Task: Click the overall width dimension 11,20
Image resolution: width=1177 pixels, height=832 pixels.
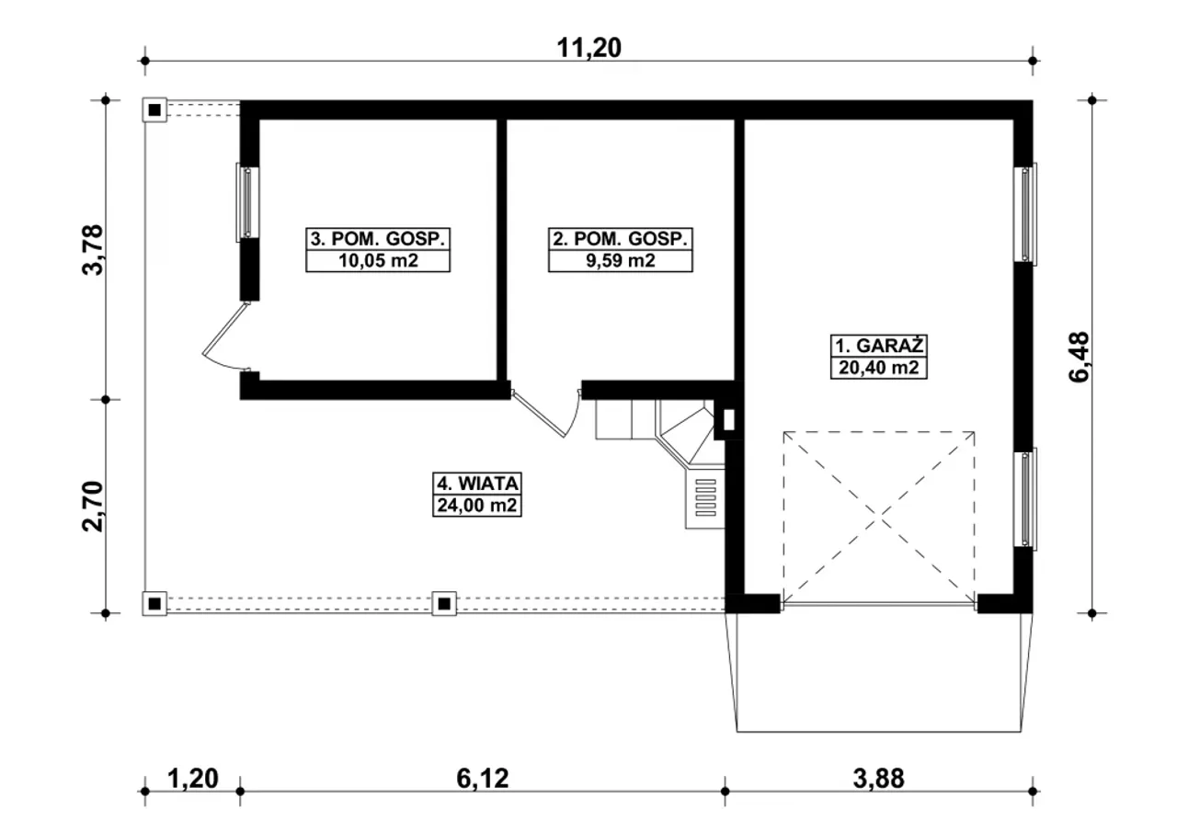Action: click(588, 48)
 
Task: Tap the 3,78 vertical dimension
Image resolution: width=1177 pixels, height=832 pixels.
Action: click(94, 249)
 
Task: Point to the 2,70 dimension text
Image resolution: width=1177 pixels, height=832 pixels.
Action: click(94, 507)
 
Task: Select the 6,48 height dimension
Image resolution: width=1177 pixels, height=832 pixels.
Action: click(1080, 357)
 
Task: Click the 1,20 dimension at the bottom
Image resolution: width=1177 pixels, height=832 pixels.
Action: click(193, 779)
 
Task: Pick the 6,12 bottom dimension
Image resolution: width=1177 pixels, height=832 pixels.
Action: click(483, 779)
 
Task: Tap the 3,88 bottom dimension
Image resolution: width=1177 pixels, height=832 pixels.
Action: click(878, 779)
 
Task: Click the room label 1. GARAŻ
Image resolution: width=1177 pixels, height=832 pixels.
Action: click(879, 346)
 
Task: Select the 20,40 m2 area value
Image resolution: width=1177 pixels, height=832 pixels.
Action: click(879, 368)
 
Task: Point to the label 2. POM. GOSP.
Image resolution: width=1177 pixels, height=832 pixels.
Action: click(620, 239)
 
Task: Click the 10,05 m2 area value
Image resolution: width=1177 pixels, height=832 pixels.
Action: click(378, 260)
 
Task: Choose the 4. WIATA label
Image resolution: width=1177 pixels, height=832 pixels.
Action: click(477, 484)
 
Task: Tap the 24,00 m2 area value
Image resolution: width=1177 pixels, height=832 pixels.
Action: click(477, 506)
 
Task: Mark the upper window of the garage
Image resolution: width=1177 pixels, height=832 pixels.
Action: click(1025, 212)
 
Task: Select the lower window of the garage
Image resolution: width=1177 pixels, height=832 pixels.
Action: click(1025, 499)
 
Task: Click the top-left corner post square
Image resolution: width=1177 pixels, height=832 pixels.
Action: click(154, 109)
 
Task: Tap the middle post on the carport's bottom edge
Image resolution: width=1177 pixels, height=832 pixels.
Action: click(444, 603)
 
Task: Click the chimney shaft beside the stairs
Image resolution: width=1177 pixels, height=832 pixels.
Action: click(729, 420)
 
